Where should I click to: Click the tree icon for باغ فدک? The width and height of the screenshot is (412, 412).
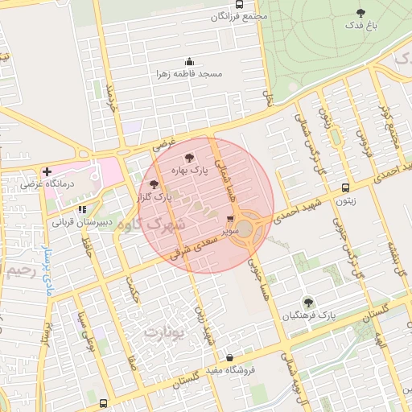[x=360, y=13]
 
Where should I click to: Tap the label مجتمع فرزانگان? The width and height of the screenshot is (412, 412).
[x=239, y=16]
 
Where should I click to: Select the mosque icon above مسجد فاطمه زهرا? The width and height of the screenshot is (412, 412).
[x=189, y=62]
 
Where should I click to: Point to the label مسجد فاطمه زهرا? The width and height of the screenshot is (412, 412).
[x=189, y=73]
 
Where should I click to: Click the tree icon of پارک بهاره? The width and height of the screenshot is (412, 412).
[x=189, y=159]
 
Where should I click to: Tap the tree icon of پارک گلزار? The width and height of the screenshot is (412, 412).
[x=154, y=184]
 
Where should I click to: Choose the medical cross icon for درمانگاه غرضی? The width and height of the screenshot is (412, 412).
[x=47, y=171]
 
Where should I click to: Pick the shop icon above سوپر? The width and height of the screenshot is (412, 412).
[x=231, y=219]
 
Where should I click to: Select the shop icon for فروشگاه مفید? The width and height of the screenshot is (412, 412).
[x=230, y=358]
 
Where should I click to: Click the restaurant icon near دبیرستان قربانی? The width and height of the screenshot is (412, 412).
[x=82, y=209]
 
